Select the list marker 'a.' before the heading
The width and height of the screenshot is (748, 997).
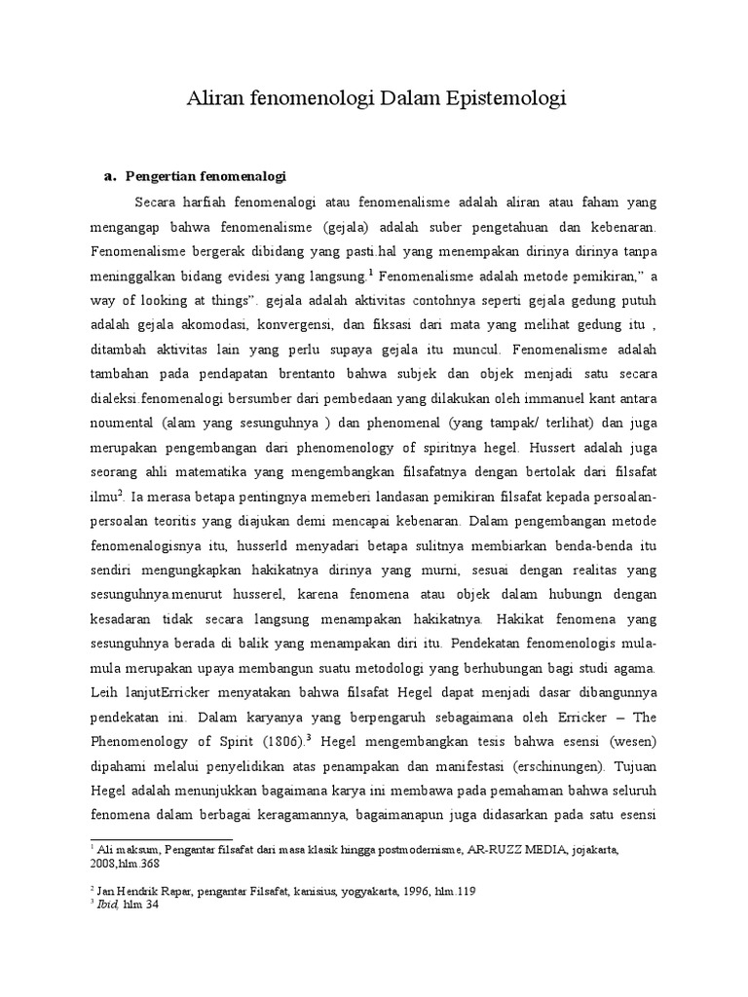pos(109,176)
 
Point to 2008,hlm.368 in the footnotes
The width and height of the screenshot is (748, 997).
pos(128,863)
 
